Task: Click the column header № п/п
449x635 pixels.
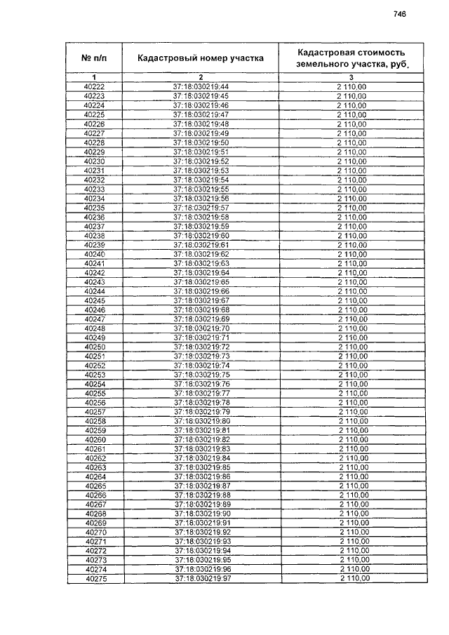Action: [x=94, y=58]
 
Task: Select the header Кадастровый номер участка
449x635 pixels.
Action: [x=201, y=58]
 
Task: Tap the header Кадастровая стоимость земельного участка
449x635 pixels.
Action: [x=351, y=58]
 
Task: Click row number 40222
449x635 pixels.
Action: [x=94, y=86]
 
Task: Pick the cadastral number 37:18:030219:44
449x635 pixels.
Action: [x=201, y=86]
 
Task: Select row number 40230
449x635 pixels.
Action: [x=94, y=161]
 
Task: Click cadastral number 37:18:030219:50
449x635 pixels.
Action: [x=201, y=142]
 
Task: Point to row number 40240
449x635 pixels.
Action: [x=94, y=254]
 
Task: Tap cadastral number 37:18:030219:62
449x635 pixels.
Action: [x=201, y=254]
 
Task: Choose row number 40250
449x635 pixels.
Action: [x=95, y=347]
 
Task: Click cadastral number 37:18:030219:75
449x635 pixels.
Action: [x=201, y=375]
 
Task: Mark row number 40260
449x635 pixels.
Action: [x=95, y=439]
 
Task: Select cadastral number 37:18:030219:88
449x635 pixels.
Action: [x=201, y=495]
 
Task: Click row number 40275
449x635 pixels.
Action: [x=95, y=579]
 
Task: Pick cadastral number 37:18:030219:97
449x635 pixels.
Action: [x=201, y=579]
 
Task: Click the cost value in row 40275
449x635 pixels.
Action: [x=354, y=579]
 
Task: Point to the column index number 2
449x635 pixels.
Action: [x=201, y=76]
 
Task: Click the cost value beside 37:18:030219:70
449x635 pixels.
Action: [x=353, y=328]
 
